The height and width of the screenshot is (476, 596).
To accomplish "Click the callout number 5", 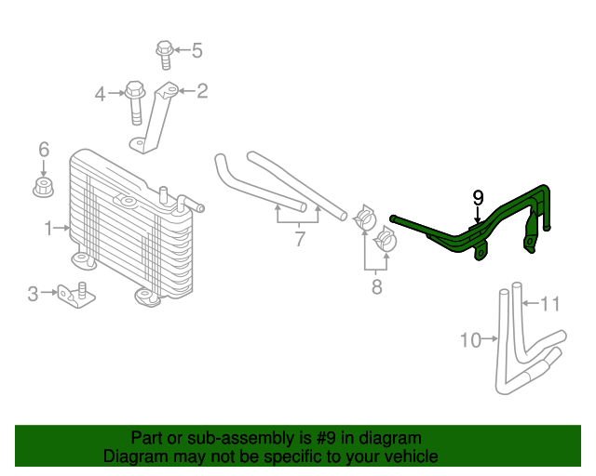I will pos(196,50).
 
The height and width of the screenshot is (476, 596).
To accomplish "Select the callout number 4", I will pos(101,93).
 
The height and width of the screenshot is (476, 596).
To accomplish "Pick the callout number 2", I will pos(201,90).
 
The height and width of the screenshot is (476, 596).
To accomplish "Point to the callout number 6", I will pos(43,149).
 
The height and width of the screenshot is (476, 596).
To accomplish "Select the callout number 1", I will pos(48,227).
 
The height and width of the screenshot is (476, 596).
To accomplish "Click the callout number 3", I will pos(33,295).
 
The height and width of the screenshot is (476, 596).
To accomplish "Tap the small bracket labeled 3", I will pos(74,294).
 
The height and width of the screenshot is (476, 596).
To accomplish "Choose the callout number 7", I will pos(300,239).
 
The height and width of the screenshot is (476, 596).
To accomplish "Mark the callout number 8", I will pos(376,286).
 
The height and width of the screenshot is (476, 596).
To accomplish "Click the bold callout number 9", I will pos(478,197).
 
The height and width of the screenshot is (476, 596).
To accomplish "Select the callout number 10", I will pos(470,340).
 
